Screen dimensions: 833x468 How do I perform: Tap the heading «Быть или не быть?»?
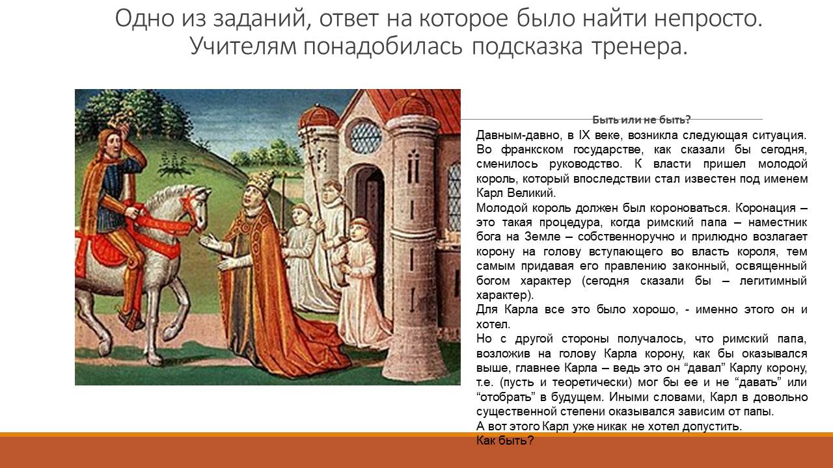(x=641, y=120)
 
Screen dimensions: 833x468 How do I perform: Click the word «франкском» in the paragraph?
(x=532, y=149)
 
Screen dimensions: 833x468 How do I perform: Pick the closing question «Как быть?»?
(x=504, y=441)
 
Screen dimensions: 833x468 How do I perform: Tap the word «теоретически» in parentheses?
(x=592, y=383)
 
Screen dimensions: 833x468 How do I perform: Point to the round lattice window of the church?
(x=364, y=136)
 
